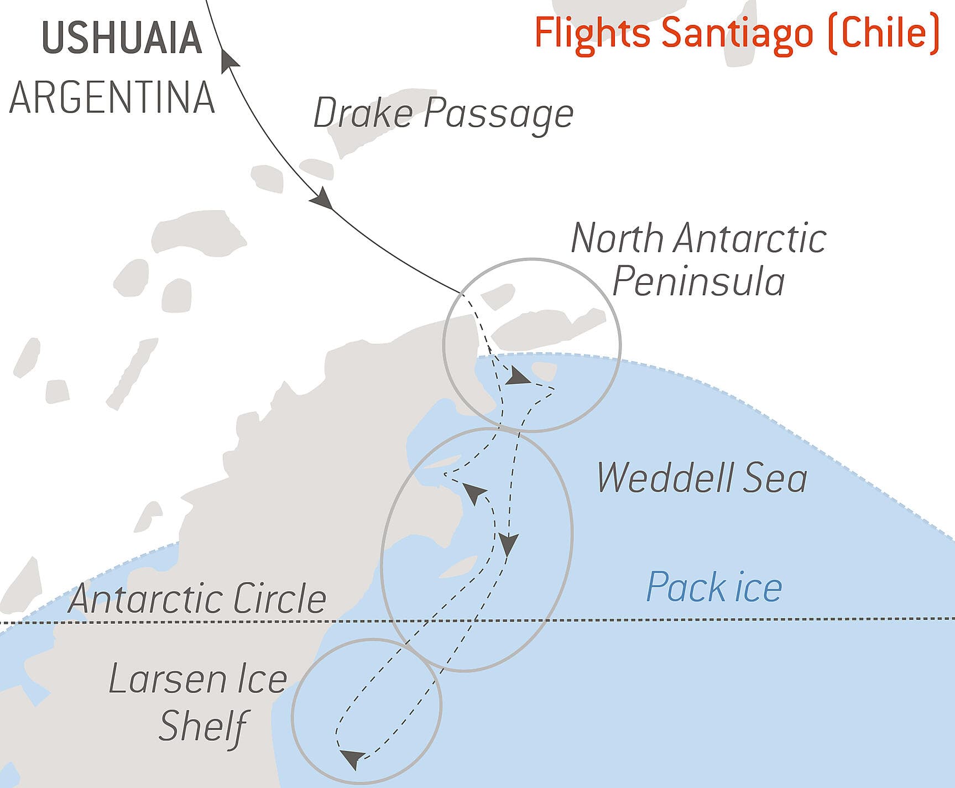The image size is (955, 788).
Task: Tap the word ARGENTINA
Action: (x=112, y=98)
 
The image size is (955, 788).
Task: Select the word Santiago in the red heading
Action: (x=737, y=33)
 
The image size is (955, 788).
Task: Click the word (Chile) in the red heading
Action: (x=884, y=33)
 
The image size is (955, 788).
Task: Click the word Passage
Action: (x=499, y=114)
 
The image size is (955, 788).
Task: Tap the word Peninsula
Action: (x=698, y=281)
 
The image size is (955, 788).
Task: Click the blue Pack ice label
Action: (x=714, y=587)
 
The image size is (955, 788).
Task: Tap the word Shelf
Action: (x=202, y=726)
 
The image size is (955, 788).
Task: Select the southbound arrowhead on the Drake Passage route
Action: (x=322, y=199)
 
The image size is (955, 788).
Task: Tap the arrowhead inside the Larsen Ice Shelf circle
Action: (x=352, y=759)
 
